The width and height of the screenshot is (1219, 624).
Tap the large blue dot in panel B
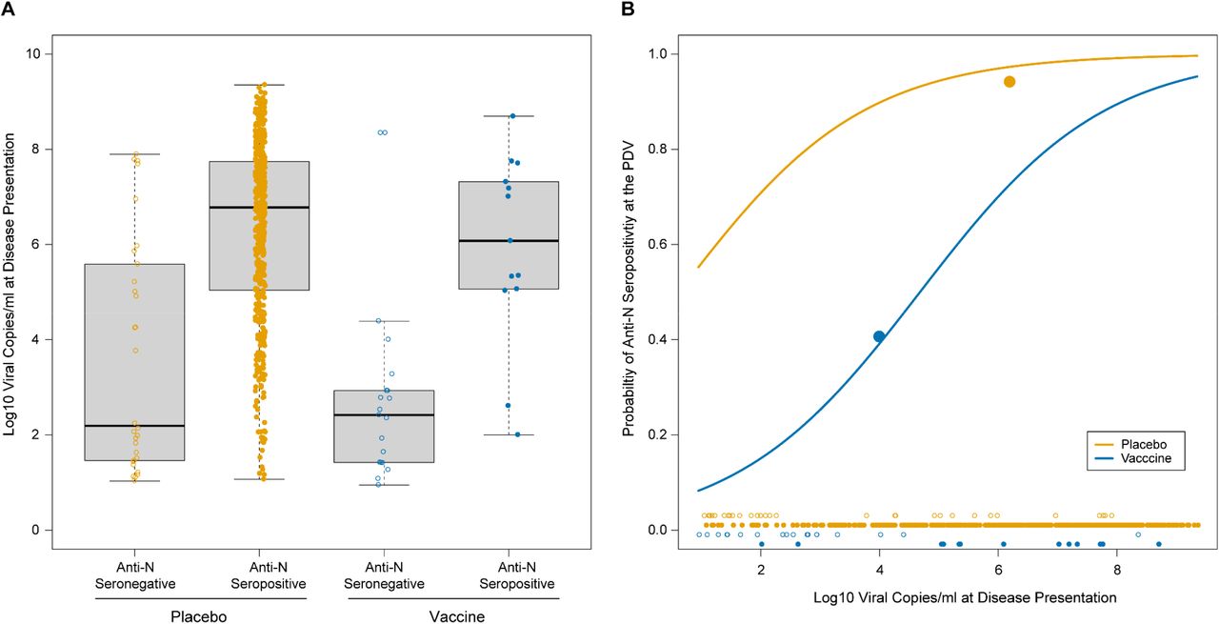879,336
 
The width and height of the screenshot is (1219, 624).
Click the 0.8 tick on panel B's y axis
656,149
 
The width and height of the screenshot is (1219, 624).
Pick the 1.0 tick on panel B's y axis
656,53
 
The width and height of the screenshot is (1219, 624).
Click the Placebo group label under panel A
201,616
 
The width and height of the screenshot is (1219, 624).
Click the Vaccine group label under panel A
454,616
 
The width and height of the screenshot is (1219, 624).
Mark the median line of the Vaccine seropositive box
509,241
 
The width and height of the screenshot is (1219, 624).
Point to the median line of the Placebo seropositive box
259,207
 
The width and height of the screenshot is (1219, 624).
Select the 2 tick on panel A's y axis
42,434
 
